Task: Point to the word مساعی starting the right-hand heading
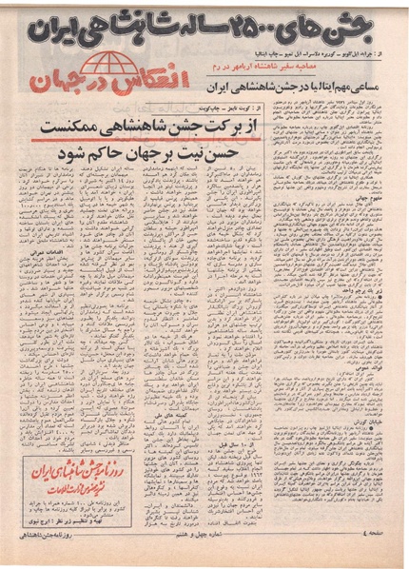click(x=377, y=98)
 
